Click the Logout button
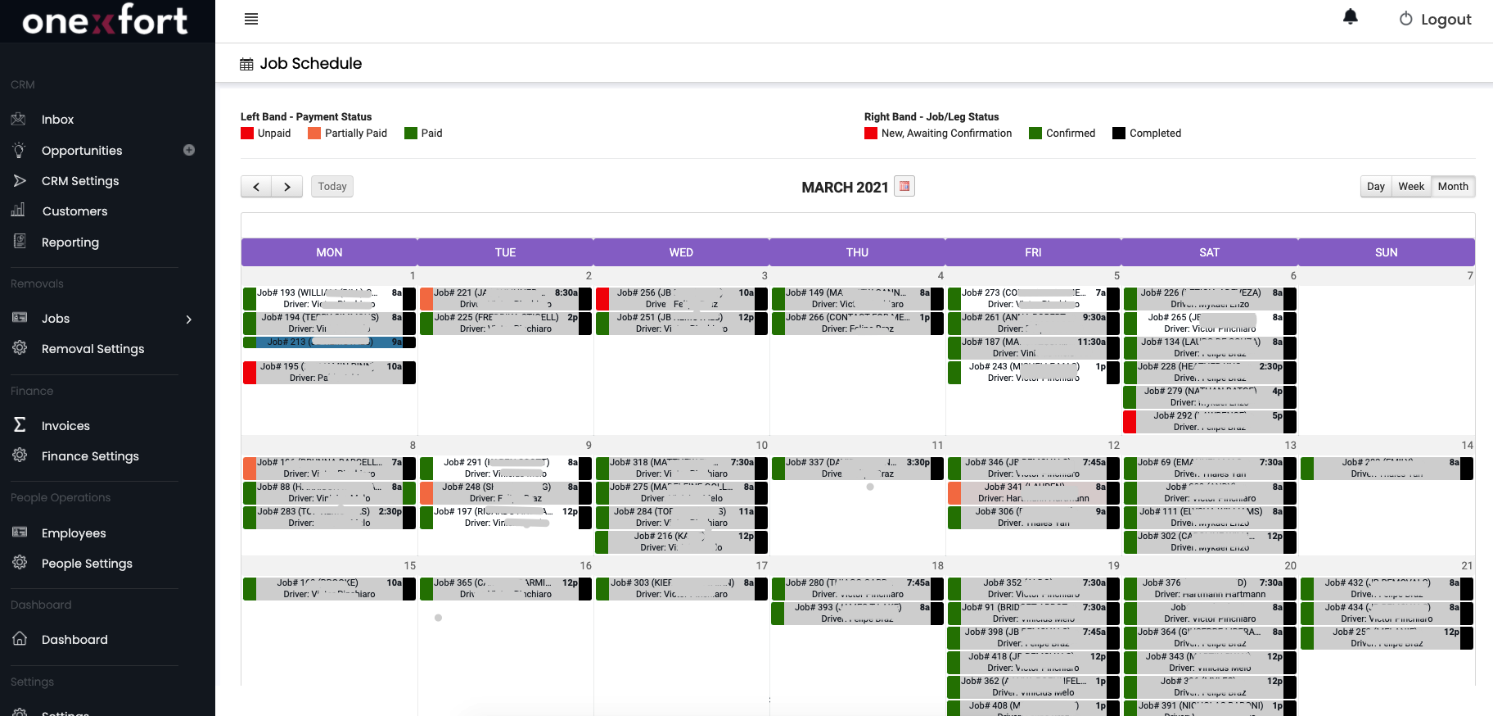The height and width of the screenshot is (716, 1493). (x=1435, y=20)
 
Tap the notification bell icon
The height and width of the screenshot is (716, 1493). (x=1351, y=17)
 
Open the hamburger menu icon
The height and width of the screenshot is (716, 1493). (x=251, y=19)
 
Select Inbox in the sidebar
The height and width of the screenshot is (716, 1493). (x=57, y=120)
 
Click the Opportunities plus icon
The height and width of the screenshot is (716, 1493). (x=189, y=150)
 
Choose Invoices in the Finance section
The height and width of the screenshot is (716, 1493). (x=65, y=426)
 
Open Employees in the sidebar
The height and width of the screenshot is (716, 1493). (x=74, y=533)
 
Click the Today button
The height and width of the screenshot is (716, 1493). (x=332, y=187)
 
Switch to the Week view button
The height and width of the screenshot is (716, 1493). (x=1411, y=187)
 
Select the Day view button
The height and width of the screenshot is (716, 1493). (x=1376, y=187)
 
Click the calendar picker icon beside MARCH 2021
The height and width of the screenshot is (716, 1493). (x=904, y=186)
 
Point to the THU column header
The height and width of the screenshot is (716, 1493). (x=857, y=252)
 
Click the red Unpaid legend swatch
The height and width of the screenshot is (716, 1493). (x=247, y=134)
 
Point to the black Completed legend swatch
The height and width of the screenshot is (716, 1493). (x=1119, y=134)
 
